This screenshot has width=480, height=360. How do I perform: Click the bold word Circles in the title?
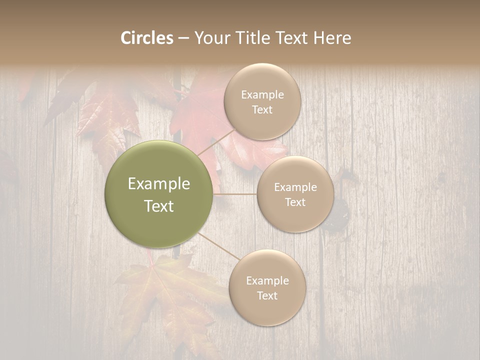pyautogui.click(x=147, y=38)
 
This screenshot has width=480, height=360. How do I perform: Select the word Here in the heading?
pyautogui.click(x=332, y=38)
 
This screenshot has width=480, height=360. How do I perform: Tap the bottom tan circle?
pyautogui.click(x=267, y=310)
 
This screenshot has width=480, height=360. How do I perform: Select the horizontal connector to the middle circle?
pyautogui.click(x=235, y=194)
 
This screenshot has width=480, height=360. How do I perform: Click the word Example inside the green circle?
pyautogui.click(x=159, y=184)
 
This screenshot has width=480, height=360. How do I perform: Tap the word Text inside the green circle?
pyautogui.click(x=159, y=206)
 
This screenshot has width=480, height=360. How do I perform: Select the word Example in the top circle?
pyautogui.click(x=262, y=95)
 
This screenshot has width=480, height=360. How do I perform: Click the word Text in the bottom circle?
pyautogui.click(x=267, y=295)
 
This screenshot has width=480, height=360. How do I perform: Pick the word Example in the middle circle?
pyautogui.click(x=295, y=187)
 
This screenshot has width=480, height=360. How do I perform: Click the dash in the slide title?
pyautogui.click(x=183, y=38)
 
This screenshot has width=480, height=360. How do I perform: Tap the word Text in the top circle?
pyautogui.click(x=262, y=110)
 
